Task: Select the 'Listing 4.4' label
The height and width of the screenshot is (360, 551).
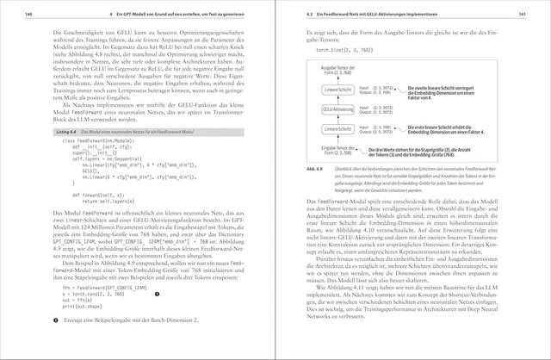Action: click(65, 131)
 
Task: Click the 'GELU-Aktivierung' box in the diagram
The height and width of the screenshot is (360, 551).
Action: click(337, 109)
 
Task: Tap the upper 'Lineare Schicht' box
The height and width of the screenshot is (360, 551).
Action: click(337, 90)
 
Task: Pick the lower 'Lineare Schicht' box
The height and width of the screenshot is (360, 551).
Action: click(337, 128)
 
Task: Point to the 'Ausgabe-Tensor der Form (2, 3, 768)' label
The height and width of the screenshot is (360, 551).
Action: click(337, 70)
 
